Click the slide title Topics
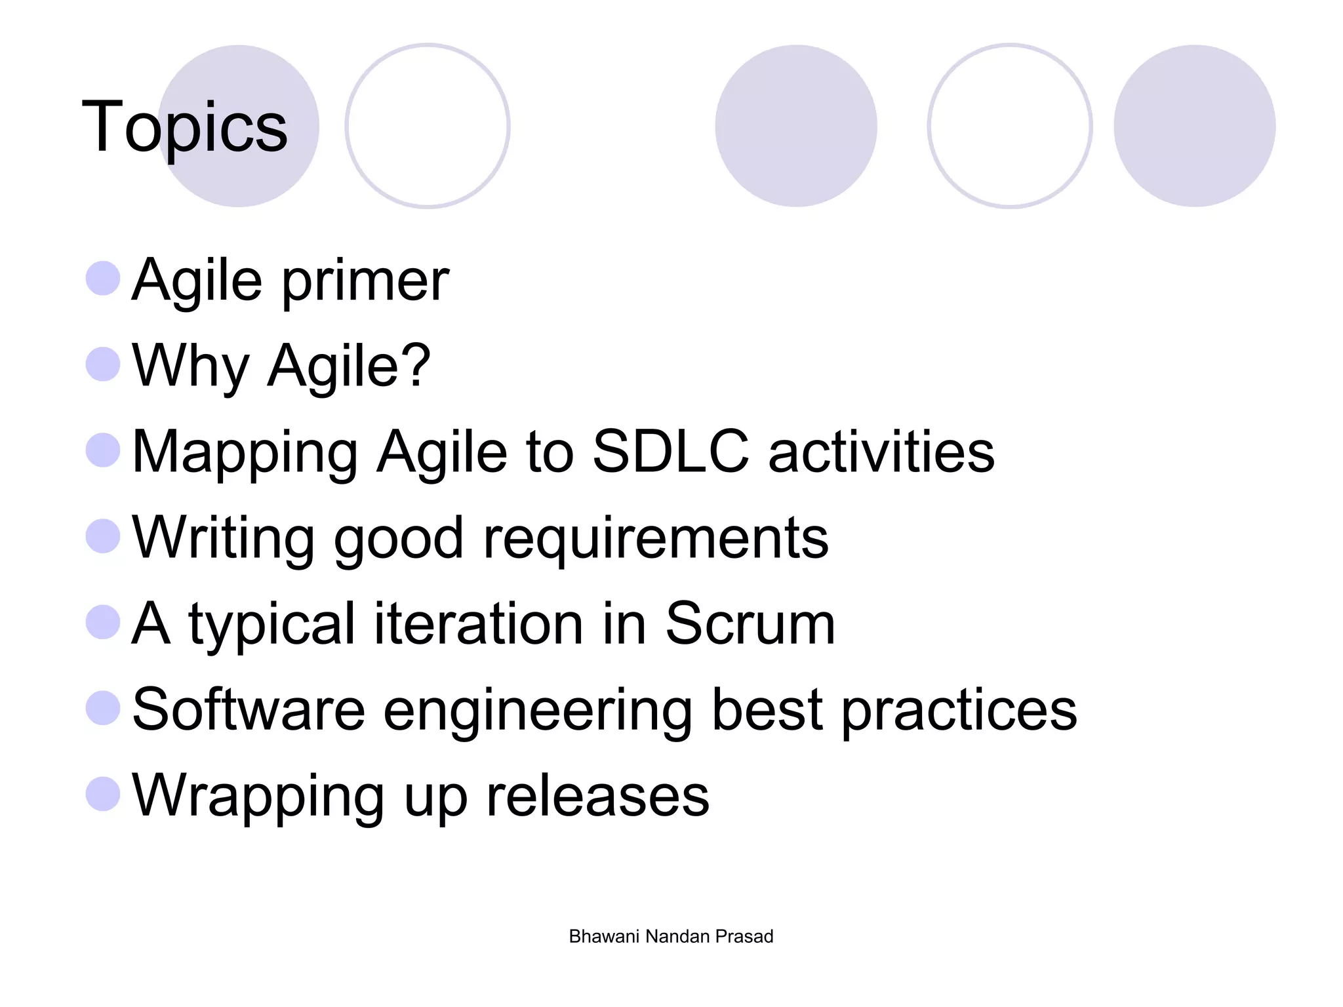click(184, 127)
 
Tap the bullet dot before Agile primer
click(103, 279)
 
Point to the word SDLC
click(670, 451)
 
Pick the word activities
click(881, 451)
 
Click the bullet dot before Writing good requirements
click(103, 536)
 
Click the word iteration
click(479, 623)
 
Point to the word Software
click(249, 709)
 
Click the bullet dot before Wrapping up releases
click(103, 794)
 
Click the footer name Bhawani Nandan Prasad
click(671, 936)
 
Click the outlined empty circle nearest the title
click(428, 126)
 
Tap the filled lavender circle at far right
click(1194, 126)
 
